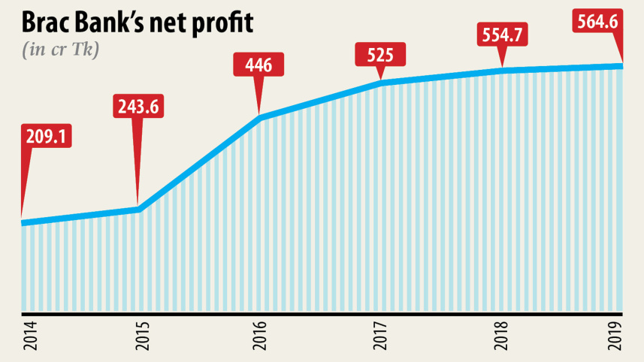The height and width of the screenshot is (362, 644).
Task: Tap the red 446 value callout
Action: pos(259,65)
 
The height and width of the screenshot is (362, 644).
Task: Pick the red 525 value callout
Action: pos(380,55)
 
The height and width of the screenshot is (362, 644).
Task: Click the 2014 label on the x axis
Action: pos(22,335)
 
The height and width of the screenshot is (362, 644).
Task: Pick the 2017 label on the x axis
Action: pos(382,335)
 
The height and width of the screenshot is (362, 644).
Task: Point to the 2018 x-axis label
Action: pos(502,335)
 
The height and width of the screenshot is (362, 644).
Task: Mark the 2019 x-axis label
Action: pos(621,335)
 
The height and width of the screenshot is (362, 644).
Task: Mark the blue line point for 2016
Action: pos(260,116)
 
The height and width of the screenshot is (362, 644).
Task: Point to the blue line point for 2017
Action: pos(382,81)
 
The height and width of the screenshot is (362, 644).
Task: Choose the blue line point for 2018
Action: pos(502,71)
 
